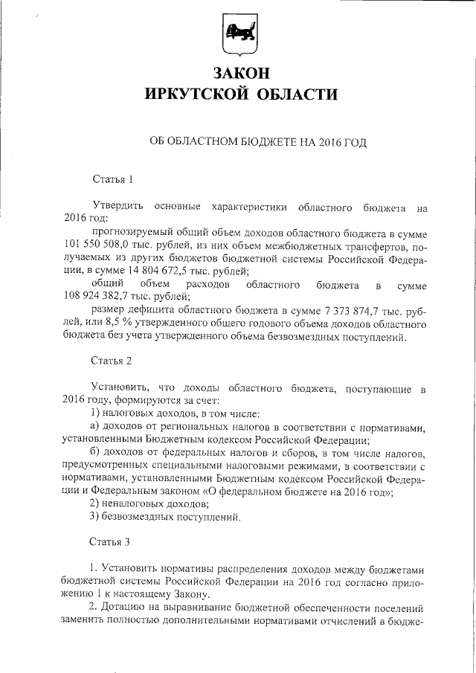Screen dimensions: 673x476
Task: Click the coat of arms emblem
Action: tap(238, 36)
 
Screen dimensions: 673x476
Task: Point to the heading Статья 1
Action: tap(112, 179)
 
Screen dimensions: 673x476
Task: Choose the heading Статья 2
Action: tap(112, 361)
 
